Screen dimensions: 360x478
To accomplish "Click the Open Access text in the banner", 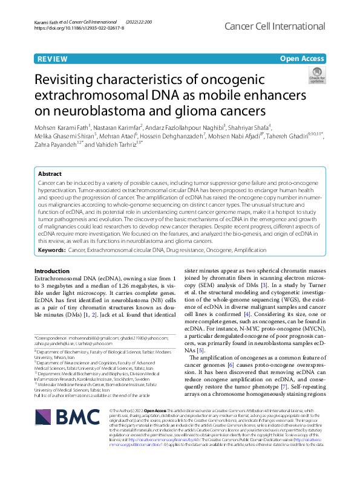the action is click(x=302, y=59).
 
